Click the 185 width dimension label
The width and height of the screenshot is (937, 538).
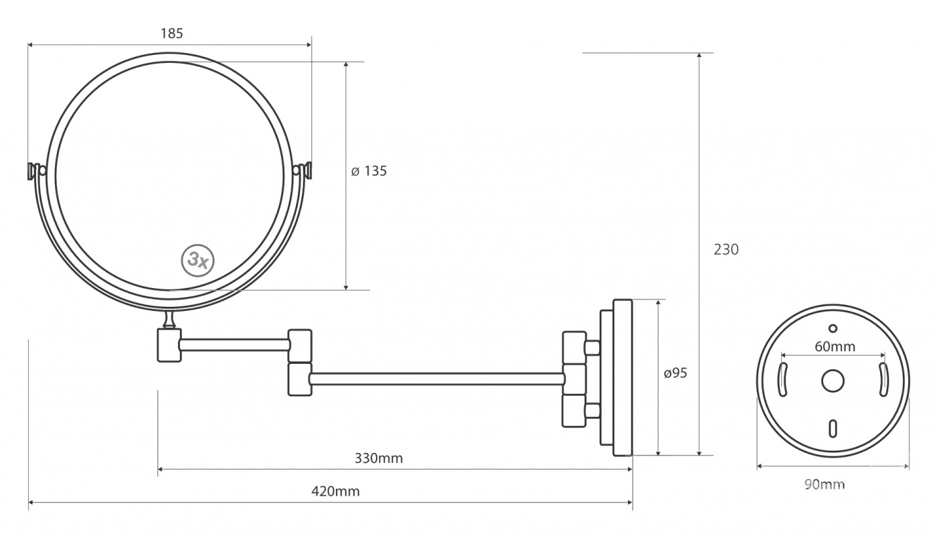click(172, 33)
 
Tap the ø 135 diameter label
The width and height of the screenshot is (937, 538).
click(369, 171)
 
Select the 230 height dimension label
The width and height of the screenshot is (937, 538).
click(726, 249)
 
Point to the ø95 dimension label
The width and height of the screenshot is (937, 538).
click(675, 373)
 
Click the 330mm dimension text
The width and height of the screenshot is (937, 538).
click(379, 458)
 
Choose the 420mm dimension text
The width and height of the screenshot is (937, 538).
click(335, 491)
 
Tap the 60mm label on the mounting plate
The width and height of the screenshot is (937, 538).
click(835, 346)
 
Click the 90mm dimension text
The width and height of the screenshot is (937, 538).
click(825, 484)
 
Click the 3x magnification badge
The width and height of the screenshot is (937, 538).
click(198, 261)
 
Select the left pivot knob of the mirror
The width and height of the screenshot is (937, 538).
click(36, 171)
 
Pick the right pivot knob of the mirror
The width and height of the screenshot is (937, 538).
click(303, 170)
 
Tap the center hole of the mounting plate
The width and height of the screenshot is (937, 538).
click(833, 381)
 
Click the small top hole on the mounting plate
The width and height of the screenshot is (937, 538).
click(833, 329)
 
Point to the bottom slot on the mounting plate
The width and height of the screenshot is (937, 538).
click(833, 429)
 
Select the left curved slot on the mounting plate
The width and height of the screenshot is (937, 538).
click(782, 380)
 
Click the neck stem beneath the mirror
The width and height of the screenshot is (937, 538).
click(169, 320)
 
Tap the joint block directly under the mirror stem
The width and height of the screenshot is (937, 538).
click(169, 346)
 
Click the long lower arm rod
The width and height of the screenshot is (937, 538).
click(437, 379)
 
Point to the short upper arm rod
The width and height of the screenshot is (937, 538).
click(235, 345)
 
